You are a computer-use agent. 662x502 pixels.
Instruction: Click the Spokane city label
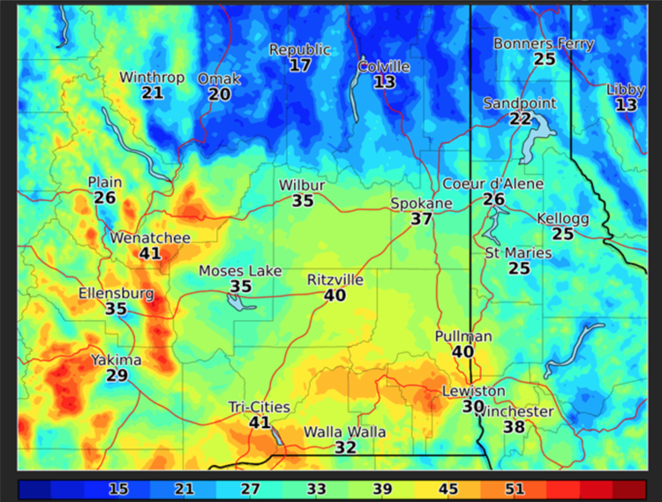[421, 204]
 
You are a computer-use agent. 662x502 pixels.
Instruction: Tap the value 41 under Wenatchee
[149, 253]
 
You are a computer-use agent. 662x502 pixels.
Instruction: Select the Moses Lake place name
[240, 271]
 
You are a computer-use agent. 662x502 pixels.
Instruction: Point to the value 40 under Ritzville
[335, 296]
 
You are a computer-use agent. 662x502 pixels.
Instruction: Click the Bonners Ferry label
[543, 43]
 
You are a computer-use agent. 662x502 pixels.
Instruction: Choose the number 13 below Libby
[626, 105]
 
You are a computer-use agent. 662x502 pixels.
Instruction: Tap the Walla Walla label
[345, 432]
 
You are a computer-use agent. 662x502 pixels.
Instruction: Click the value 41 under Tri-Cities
[260, 423]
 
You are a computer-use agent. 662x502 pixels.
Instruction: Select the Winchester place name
[515, 412]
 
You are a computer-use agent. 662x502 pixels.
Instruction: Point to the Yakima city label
[116, 360]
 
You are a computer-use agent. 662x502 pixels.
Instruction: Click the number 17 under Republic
[300, 65]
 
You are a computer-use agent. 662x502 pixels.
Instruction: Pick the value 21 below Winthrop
[152, 93]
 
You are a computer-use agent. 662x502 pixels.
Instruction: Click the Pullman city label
[463, 337]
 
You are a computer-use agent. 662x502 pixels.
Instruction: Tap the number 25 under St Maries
[518, 268]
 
